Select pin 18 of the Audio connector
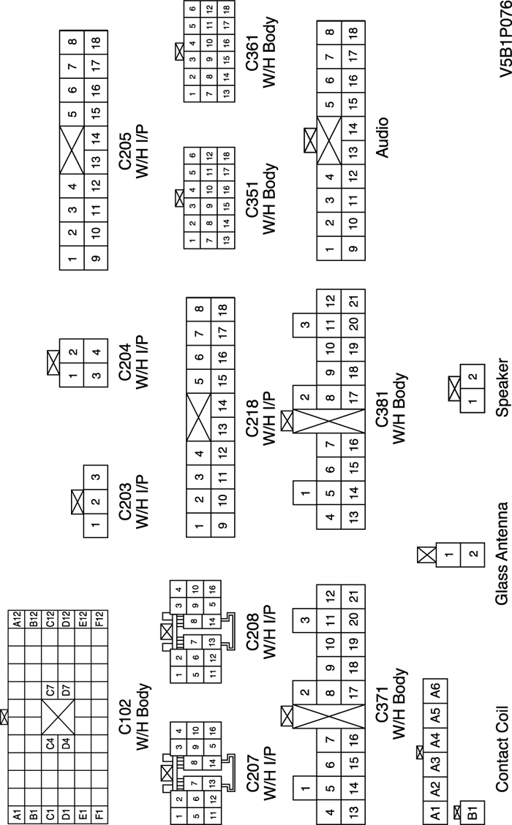click(353, 33)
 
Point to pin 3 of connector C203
click(96, 478)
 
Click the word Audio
click(381, 137)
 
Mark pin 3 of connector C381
click(305, 326)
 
